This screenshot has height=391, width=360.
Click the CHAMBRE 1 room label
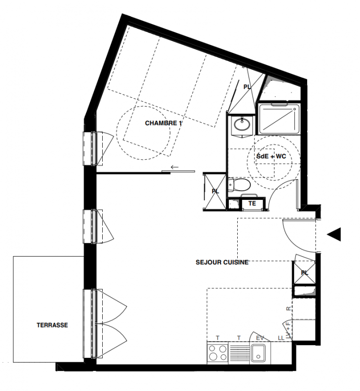(163, 123)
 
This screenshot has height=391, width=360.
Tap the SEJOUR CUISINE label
(222, 262)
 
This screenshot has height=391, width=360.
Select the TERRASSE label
(52, 325)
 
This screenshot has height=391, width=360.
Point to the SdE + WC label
(271, 156)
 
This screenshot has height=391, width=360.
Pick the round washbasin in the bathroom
(241, 124)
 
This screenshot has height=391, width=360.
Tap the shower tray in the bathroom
(279, 119)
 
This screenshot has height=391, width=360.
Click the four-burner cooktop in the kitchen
(217, 352)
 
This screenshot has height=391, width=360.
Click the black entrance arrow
(334, 235)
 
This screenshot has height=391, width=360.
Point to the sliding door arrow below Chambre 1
(175, 167)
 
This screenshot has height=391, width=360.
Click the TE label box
(252, 203)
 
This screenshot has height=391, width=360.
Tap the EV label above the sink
(260, 338)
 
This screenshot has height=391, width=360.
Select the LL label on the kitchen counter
(281, 338)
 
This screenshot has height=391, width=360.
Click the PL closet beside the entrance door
(305, 273)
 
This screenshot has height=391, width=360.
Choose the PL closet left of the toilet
(215, 192)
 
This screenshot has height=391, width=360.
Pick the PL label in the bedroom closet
(247, 87)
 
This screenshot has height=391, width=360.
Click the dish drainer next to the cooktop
(239, 352)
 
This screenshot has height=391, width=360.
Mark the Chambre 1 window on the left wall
(92, 148)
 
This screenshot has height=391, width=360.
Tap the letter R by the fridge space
(289, 309)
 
